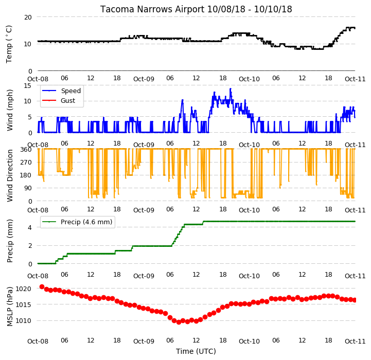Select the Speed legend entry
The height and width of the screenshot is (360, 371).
point(61,91)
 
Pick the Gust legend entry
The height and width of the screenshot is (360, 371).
point(59,100)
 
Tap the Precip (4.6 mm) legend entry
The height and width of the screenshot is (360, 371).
point(77,222)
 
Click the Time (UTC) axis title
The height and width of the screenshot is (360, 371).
point(196,351)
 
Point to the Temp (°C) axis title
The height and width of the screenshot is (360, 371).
point(9,44)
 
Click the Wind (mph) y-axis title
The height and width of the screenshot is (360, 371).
point(9,110)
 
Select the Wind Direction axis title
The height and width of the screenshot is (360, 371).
point(9,175)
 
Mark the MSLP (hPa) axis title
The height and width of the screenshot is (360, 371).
point(9,307)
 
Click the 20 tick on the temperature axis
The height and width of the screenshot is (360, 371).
point(28,17)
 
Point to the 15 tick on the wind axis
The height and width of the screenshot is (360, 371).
point(28,85)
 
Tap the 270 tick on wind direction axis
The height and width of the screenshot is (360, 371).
point(26,163)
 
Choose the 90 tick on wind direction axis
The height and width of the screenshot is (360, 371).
point(28,188)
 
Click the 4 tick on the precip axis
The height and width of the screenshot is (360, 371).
point(30,227)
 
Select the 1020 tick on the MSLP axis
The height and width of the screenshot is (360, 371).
point(24,289)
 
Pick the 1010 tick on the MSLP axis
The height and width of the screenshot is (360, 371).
point(24,321)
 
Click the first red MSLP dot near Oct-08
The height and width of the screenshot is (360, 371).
point(42,286)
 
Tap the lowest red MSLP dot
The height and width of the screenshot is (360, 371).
point(179,322)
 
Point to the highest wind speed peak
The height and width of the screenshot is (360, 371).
point(231,89)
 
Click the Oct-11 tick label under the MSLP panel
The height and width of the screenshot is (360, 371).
point(355,341)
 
